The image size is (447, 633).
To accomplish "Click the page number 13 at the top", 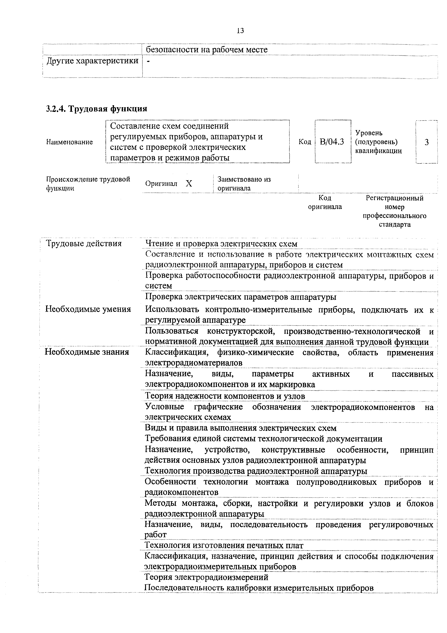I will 240,31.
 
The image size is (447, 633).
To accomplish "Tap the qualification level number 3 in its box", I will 426,142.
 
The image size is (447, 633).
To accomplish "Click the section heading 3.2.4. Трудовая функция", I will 97,109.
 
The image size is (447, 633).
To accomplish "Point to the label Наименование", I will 69,142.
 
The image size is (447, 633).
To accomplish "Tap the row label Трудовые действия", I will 83,243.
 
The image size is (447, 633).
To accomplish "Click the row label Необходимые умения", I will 88,309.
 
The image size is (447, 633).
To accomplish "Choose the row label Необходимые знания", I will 87,352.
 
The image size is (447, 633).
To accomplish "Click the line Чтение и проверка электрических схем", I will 221,244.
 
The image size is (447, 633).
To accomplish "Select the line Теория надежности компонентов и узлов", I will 225,396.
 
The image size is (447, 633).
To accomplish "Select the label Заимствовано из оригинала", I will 244,184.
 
